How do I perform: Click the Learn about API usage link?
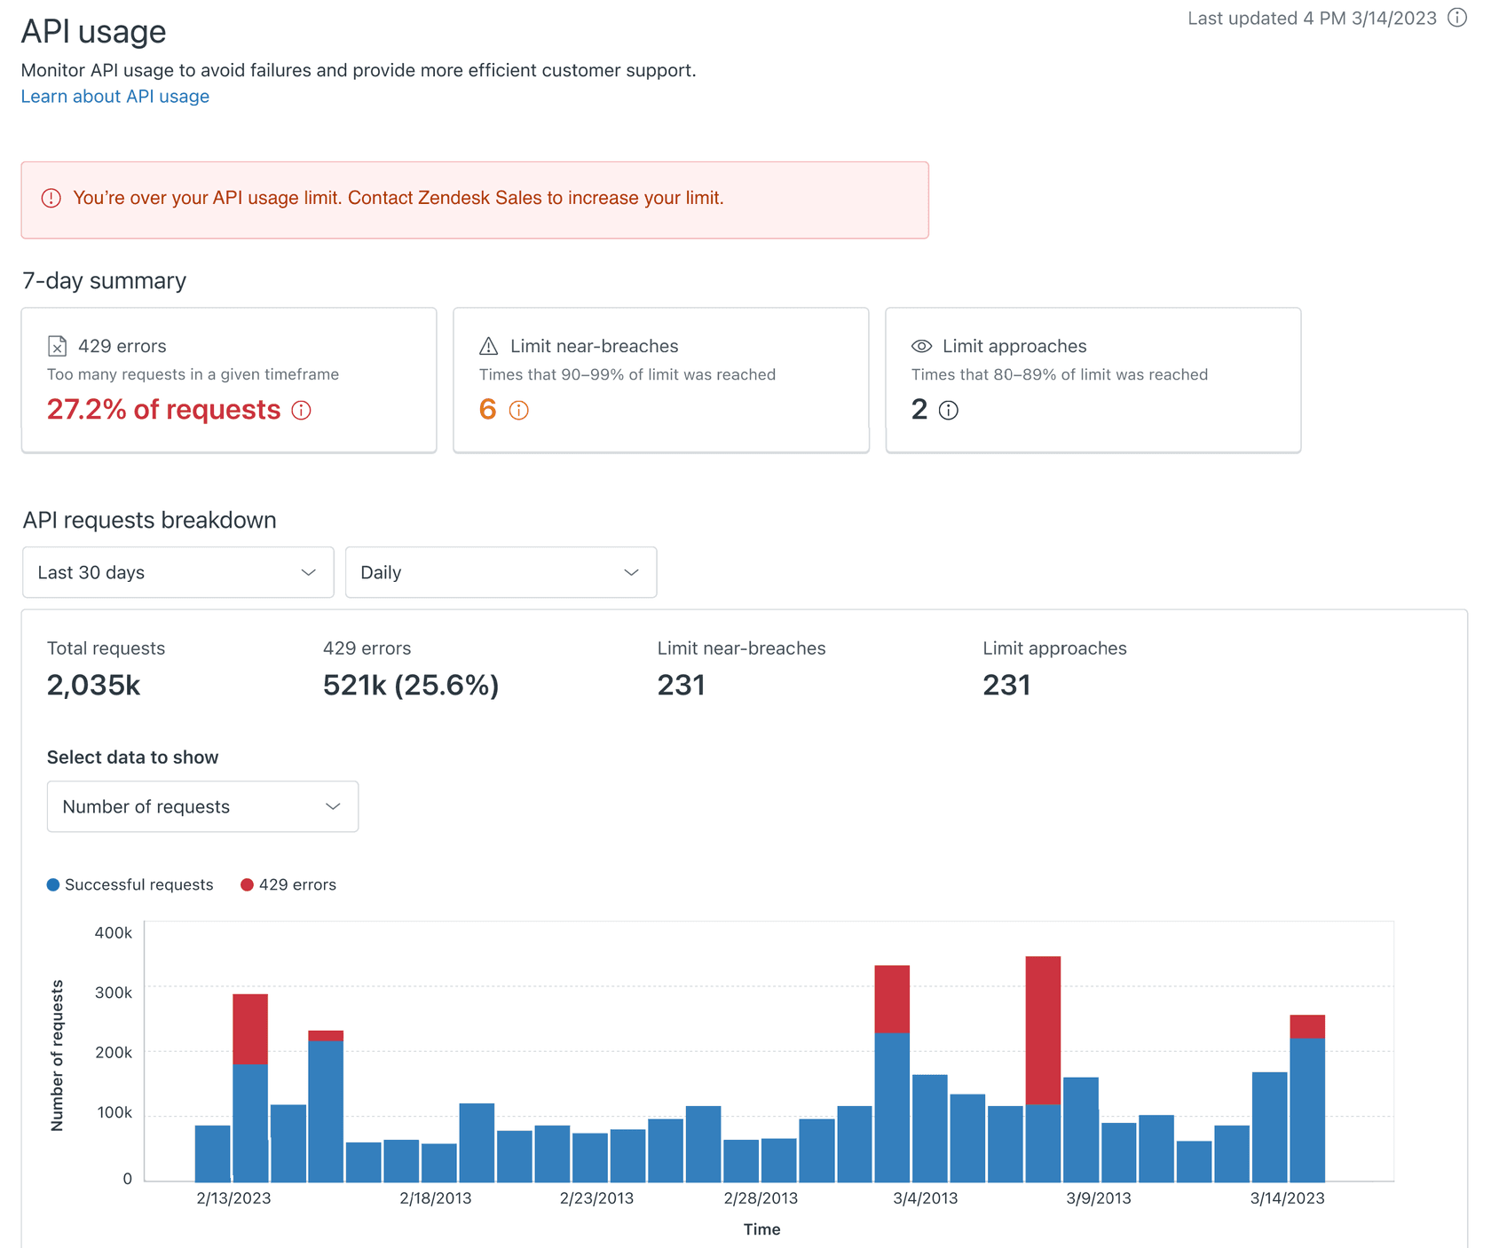pyautogui.click(x=115, y=97)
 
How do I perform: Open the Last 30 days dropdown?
pyautogui.click(x=177, y=572)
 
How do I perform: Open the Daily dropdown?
pyautogui.click(x=501, y=572)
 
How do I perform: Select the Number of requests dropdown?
pyautogui.click(x=202, y=806)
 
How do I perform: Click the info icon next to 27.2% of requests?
pyautogui.click(x=302, y=411)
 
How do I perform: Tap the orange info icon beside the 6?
pyautogui.click(x=519, y=411)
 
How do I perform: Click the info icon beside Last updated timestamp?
pyautogui.click(x=1457, y=18)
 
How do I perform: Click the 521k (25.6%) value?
pyautogui.click(x=410, y=685)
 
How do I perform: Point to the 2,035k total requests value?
pyautogui.click(x=93, y=685)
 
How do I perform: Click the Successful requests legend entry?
pyautogui.click(x=130, y=884)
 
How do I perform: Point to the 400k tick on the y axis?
pyautogui.click(x=113, y=932)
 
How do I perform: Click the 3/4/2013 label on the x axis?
pyautogui.click(x=925, y=1198)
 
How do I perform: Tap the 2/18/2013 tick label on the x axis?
pyautogui.click(x=435, y=1198)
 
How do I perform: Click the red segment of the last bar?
pyautogui.click(x=1306, y=1026)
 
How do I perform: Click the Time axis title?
pyautogui.click(x=761, y=1229)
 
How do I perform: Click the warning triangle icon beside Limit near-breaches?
pyautogui.click(x=489, y=346)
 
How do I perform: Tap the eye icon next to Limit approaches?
pyautogui.click(x=921, y=346)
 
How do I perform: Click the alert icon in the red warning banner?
pyautogui.click(x=51, y=199)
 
